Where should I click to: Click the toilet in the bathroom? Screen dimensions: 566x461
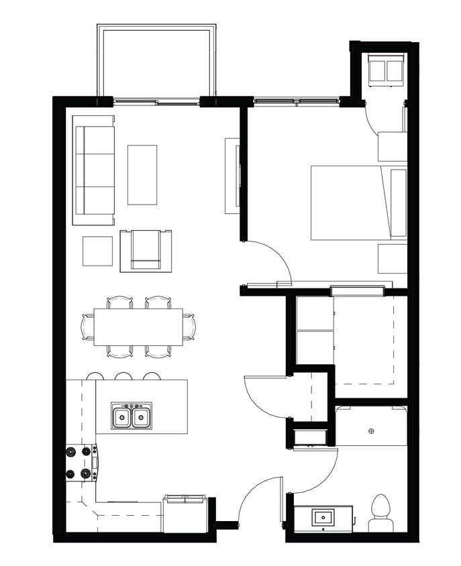(x=380, y=513)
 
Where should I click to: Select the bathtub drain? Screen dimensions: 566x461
(x=371, y=431)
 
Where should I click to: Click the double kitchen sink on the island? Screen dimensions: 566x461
(x=132, y=417)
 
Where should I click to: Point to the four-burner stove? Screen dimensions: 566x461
(x=79, y=463)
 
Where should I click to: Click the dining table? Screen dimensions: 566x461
(x=138, y=327)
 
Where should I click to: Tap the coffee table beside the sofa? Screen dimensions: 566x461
(x=142, y=174)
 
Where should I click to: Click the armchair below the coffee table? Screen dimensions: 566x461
(x=146, y=251)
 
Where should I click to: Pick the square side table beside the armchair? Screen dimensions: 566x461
(x=97, y=251)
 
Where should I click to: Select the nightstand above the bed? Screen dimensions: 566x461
(x=393, y=147)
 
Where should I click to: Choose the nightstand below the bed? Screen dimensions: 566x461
(x=393, y=258)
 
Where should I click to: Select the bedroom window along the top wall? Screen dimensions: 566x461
(x=295, y=102)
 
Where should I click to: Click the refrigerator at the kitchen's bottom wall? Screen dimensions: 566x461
(x=185, y=514)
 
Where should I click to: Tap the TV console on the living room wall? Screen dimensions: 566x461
(x=232, y=176)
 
